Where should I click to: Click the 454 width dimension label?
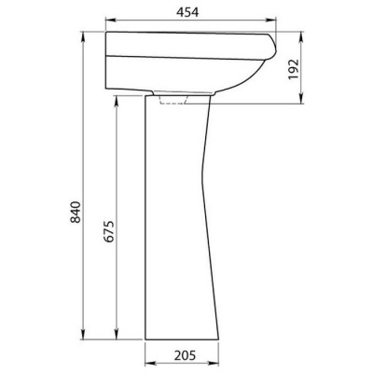click(187, 12)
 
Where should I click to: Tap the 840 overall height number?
click(76, 213)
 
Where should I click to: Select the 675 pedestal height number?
click(109, 231)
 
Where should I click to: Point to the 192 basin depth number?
click(294, 69)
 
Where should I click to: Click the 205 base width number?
click(185, 355)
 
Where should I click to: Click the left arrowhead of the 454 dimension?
click(110, 21)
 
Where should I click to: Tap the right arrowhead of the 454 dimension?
click(271, 21)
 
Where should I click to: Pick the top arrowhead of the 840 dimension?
click(83, 36)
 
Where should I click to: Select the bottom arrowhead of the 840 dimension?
click(83, 335)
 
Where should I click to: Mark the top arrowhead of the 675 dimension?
click(117, 101)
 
